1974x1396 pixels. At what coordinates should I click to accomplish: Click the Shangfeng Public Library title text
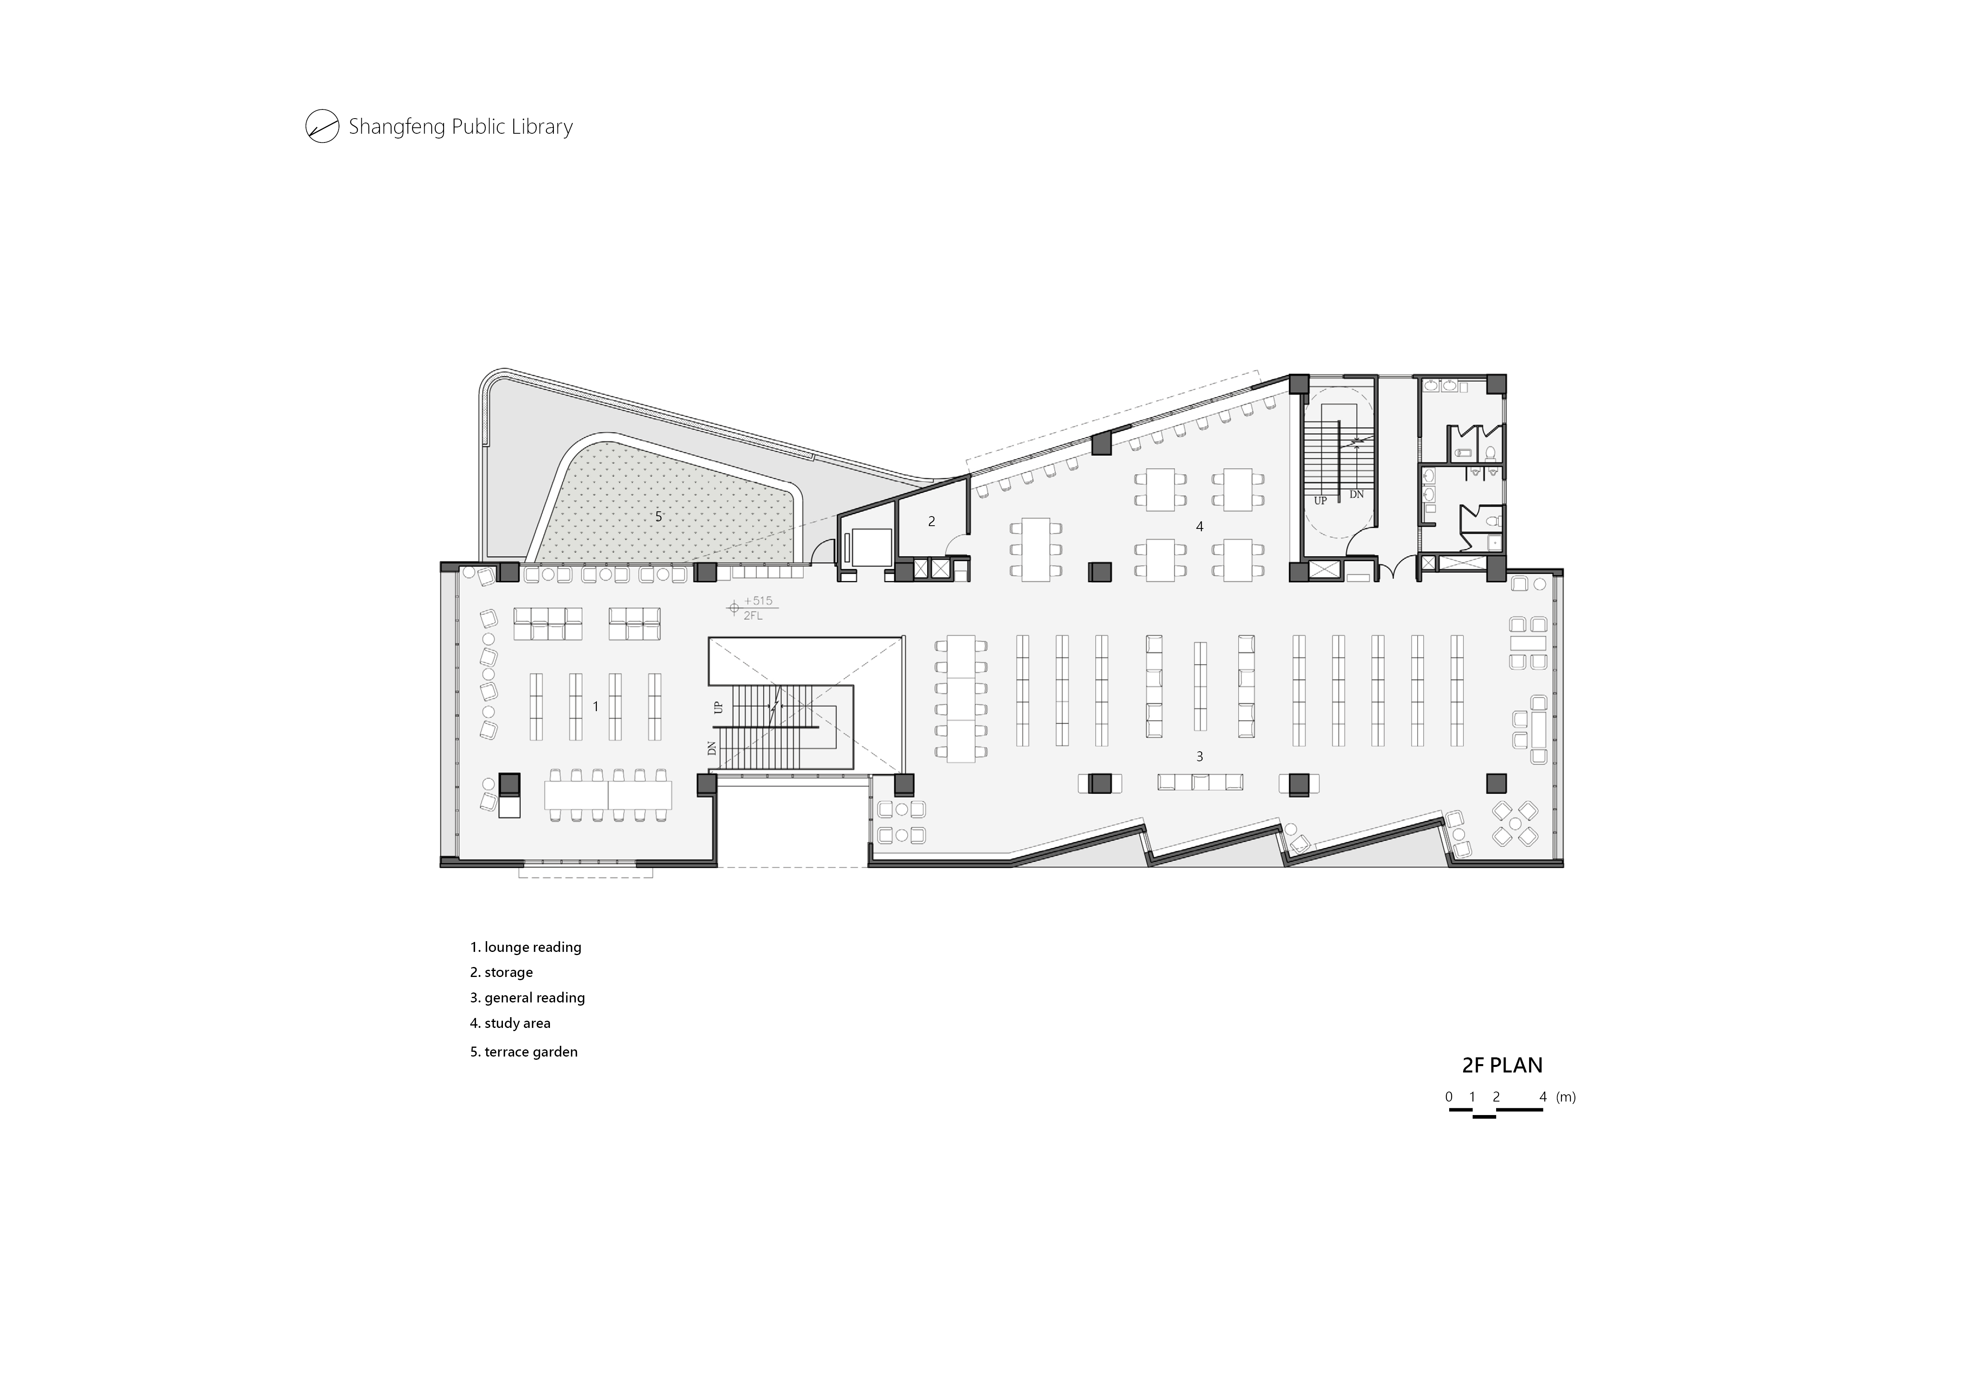(x=460, y=127)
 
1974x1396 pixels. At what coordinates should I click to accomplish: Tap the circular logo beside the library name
(x=322, y=127)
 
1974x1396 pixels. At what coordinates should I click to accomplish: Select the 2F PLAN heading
(x=1502, y=1065)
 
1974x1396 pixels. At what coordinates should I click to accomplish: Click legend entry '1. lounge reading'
(x=525, y=947)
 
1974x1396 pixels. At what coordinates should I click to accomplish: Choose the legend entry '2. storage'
(x=501, y=972)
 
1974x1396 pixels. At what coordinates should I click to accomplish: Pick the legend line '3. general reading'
(x=527, y=998)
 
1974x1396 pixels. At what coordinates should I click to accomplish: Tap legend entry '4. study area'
(x=510, y=1023)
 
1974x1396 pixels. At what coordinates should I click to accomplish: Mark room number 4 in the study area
(x=1199, y=526)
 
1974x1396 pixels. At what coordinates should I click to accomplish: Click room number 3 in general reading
(x=1199, y=756)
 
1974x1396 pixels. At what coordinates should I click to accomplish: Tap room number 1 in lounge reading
(x=596, y=707)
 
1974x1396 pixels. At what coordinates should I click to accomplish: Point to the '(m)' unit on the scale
(x=1566, y=1097)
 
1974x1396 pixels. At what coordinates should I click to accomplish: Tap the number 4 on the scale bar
(x=1543, y=1097)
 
